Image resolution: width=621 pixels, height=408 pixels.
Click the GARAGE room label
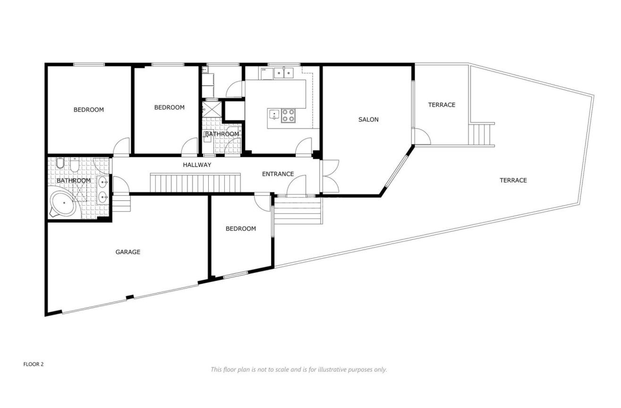(128, 252)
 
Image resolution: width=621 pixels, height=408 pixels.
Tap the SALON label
(368, 120)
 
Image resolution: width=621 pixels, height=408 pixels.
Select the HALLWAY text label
(197, 165)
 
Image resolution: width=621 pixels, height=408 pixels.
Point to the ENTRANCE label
(278, 174)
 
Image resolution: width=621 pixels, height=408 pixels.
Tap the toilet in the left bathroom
(60, 164)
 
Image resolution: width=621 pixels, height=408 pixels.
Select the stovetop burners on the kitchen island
(288, 115)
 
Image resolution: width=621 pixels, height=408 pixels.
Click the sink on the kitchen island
(274, 115)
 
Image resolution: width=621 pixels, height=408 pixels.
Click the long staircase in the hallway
(195, 183)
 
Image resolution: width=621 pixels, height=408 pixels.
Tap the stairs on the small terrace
(482, 134)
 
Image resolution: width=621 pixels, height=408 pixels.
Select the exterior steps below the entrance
(298, 210)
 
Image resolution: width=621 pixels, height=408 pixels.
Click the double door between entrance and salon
(329, 176)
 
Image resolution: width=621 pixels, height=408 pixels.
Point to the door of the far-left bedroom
(121, 147)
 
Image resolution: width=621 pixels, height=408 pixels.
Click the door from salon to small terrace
(422, 137)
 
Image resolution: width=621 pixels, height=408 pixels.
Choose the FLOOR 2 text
(34, 365)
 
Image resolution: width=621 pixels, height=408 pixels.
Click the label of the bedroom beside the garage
(240, 229)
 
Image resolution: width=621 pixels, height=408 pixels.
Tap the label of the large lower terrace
(513, 180)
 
